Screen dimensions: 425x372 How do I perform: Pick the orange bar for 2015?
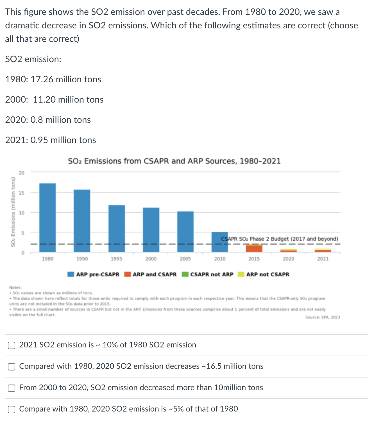point(254,248)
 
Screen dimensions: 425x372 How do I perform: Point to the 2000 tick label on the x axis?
point(151,259)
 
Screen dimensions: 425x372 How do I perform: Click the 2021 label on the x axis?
point(323,259)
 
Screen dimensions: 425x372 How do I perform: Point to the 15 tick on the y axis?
point(22,193)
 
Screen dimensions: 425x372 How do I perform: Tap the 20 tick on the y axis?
point(22,173)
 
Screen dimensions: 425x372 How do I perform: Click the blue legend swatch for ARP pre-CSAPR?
point(71,274)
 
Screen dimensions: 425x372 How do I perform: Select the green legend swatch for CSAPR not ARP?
point(185,274)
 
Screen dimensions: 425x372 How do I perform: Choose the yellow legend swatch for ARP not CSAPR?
point(241,274)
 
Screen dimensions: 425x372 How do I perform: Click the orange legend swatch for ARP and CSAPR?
point(128,274)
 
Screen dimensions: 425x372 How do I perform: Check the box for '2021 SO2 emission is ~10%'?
point(12,345)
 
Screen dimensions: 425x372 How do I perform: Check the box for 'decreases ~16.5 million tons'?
point(12,367)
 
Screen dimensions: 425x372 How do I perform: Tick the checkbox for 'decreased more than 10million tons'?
point(12,388)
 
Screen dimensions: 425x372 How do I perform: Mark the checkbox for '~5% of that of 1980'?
point(12,410)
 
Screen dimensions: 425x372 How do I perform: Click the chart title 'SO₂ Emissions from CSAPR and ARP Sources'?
point(174,161)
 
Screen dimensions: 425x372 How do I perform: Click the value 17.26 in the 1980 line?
point(42,80)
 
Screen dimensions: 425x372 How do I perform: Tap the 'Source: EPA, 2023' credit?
point(323,317)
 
